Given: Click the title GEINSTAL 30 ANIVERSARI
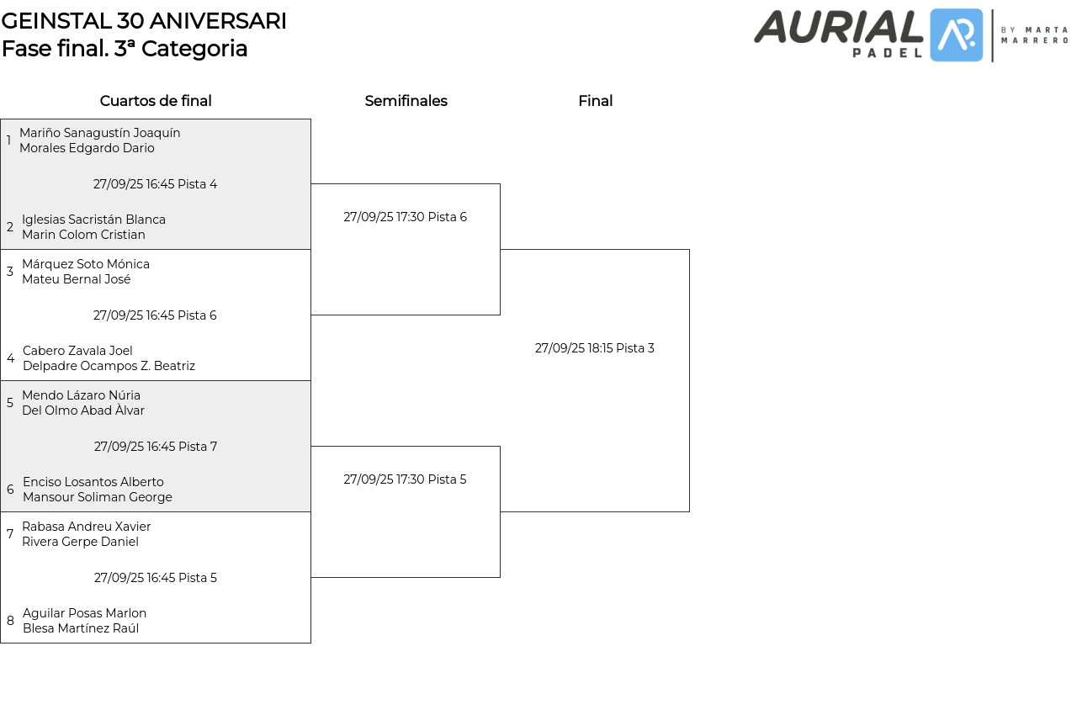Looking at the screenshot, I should [x=144, y=21].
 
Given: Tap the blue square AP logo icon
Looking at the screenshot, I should [x=957, y=35].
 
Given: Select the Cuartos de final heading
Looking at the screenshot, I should [x=156, y=101].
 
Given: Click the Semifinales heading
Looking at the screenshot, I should [x=406, y=101].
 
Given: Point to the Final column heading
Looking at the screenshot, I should [x=595, y=101].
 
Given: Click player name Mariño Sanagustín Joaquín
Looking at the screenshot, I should [x=100, y=133].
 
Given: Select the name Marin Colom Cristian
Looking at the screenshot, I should [x=83, y=235].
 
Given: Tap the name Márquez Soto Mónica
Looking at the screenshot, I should [x=86, y=264].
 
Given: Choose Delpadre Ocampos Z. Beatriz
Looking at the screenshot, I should [x=109, y=366].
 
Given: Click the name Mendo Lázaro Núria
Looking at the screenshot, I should [x=81, y=395].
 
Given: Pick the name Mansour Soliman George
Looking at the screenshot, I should [x=98, y=497].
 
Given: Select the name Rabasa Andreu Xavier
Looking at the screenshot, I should [x=87, y=527].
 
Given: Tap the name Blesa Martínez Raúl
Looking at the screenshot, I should [x=81, y=628].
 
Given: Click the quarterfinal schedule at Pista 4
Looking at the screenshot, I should [x=155, y=184].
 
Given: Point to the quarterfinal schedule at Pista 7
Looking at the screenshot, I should [x=156, y=447].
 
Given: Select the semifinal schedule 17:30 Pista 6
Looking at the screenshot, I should [x=405, y=217].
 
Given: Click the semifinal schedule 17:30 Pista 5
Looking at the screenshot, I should [x=405, y=479].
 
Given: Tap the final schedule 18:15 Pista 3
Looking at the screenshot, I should [x=595, y=348].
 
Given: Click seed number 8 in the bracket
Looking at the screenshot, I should [x=10, y=621].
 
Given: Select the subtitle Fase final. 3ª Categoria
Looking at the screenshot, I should [x=125, y=49].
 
